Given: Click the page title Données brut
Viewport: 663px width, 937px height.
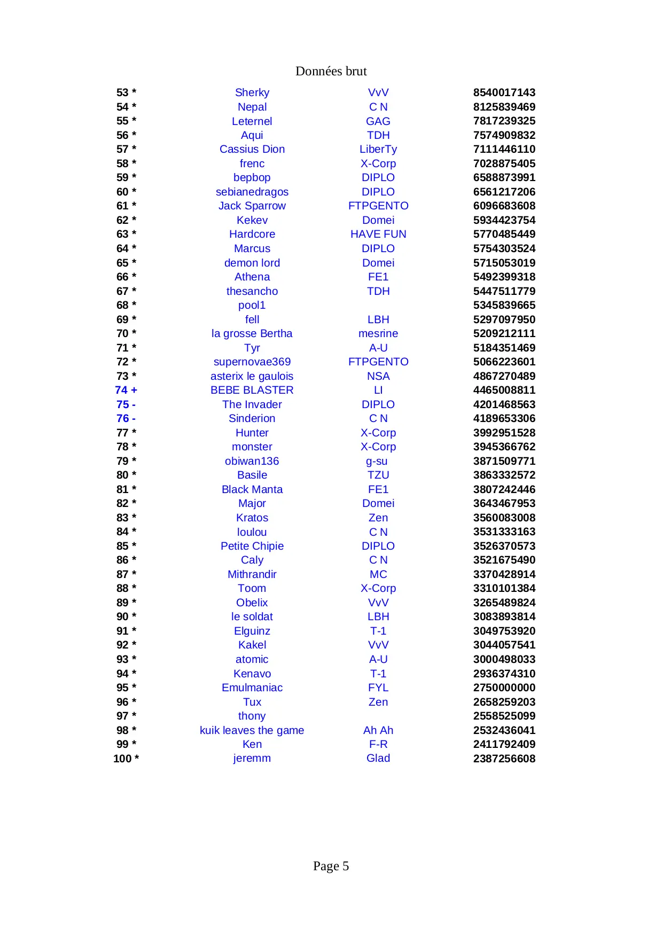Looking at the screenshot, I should point(331,71).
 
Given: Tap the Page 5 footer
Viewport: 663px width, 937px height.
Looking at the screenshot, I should point(331,866).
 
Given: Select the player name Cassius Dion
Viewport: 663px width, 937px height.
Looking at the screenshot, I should point(252,149).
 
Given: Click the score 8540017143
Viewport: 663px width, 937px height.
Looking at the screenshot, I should point(504,92).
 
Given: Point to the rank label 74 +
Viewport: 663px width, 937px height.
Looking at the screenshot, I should point(126,390).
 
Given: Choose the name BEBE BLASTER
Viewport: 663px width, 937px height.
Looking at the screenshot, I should point(252,390).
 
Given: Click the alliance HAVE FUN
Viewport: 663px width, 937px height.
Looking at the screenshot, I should point(378,234).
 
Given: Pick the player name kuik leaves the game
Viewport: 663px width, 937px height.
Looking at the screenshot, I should point(252,730).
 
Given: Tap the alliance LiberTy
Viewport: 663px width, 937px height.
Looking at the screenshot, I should point(378,149).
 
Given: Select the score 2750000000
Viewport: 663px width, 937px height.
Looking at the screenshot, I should point(504,688).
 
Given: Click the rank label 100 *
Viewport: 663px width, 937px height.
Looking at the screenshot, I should point(126,759).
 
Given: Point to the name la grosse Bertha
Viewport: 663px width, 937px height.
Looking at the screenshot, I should point(252,333).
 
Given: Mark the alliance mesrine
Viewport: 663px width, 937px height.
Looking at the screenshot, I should point(378,333).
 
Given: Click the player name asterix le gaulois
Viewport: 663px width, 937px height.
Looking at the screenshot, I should point(252,376).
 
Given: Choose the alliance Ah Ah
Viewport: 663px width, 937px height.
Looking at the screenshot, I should point(378,730).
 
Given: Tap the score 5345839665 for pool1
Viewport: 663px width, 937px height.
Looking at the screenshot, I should point(504,305).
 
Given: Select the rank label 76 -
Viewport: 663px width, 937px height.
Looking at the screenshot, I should point(126,418).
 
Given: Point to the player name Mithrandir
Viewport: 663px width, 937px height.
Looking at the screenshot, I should point(252,574).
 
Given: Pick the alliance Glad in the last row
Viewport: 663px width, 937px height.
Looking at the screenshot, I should point(378,758).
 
